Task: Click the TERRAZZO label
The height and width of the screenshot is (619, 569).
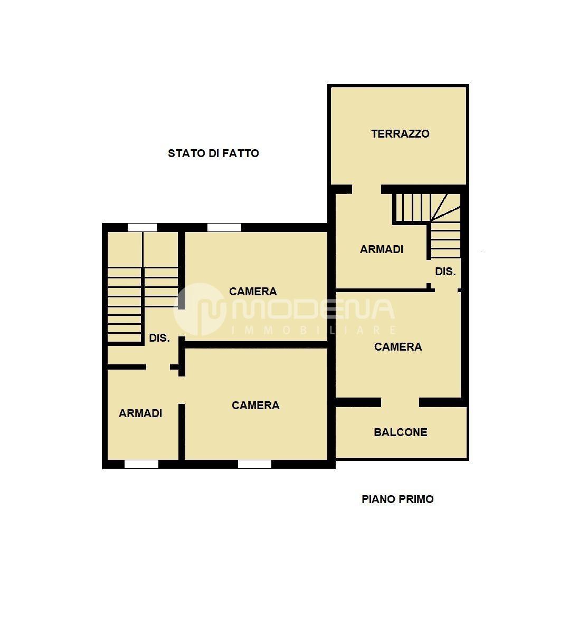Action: tap(400, 134)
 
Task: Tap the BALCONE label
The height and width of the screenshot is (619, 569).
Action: tap(400, 432)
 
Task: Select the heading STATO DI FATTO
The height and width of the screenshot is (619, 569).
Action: tap(213, 153)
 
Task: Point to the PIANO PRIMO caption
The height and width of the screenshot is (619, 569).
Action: tap(397, 499)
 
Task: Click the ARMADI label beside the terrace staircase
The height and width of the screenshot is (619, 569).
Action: tap(382, 249)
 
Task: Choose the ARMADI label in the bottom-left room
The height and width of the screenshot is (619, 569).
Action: tap(141, 413)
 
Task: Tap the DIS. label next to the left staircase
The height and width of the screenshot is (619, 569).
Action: tap(159, 338)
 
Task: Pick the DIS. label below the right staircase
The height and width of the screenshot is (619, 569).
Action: tap(445, 272)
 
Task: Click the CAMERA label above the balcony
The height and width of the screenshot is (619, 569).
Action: tap(398, 346)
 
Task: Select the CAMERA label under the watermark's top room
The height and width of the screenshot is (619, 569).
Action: tap(253, 292)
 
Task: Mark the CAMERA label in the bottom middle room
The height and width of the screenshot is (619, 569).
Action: tap(255, 405)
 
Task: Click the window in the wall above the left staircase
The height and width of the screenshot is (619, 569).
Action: tap(142, 227)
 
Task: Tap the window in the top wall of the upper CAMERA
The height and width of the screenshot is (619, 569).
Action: tap(224, 227)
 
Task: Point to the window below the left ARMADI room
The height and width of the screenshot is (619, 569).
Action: tap(141, 464)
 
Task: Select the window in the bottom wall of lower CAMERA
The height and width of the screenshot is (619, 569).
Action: tap(254, 464)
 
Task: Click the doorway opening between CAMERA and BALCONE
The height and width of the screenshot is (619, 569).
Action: tap(400, 402)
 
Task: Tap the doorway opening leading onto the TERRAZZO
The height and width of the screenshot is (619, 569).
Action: tap(366, 189)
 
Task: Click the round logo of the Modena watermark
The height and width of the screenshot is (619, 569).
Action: tap(200, 309)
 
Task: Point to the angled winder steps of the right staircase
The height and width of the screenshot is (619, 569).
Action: tap(445, 207)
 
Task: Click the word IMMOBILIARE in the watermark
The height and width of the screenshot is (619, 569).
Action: tap(314, 330)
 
